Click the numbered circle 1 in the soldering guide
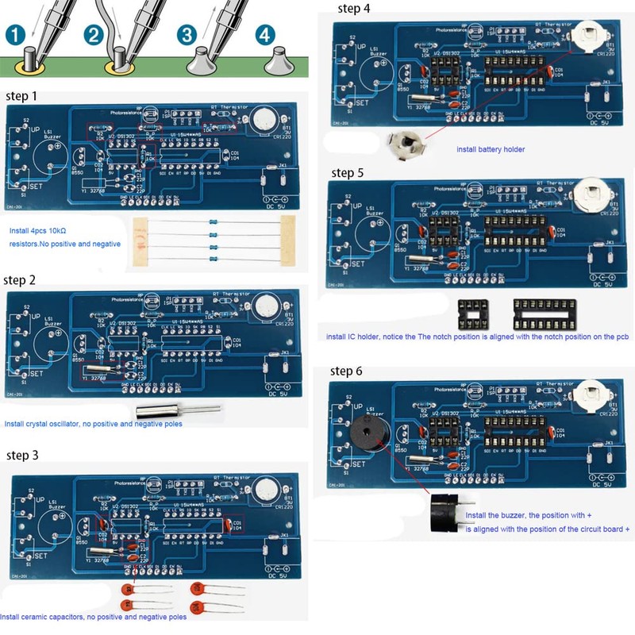pos(17,35)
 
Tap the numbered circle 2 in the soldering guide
pos(94,35)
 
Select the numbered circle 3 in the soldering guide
pos(187,35)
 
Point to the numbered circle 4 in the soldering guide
pos(264,35)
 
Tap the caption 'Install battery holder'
pos(490,149)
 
